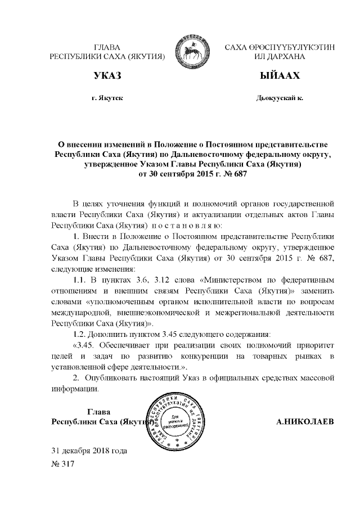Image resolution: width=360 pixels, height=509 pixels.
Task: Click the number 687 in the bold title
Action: click(238, 174)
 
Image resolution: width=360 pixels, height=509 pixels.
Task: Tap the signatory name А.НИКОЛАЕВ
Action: click(306, 421)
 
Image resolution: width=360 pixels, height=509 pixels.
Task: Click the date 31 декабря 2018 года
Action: click(89, 451)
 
